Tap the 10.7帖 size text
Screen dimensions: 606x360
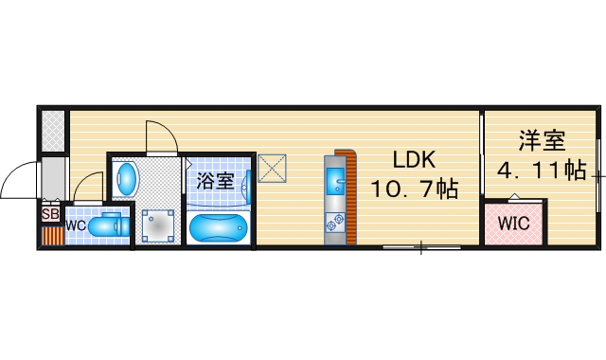coord(415,189)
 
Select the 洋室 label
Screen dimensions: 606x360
coord(542,142)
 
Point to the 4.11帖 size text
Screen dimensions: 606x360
coord(542,171)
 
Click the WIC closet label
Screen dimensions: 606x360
coord(514,225)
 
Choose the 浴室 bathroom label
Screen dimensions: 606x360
coord(215,180)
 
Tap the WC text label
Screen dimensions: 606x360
coord(77,225)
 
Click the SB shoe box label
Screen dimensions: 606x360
coord(50,214)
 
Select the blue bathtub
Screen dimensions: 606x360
coord(218,228)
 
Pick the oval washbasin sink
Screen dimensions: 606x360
coord(126,177)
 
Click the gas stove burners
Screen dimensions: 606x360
coord(336,223)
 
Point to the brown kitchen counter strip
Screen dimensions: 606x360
coord(350,194)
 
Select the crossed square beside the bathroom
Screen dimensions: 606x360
coord(274,169)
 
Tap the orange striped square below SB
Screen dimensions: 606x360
coord(50,234)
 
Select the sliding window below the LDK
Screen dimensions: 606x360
coord(421,247)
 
